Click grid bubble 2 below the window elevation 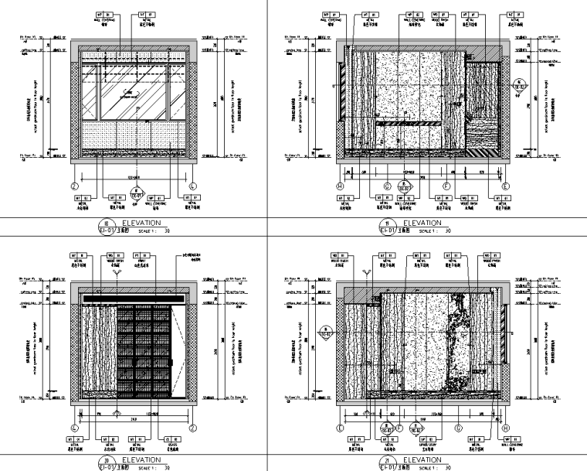point(75,186)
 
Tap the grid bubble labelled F point(446,186)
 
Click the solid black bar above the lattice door point(133,299)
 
